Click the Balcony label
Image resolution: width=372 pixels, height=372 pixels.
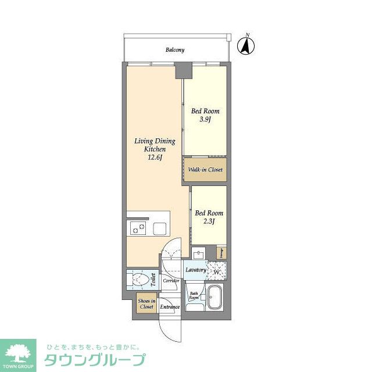point(174,50)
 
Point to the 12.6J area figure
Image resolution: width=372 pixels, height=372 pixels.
point(155,158)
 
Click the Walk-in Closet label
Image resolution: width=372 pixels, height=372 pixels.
point(205,170)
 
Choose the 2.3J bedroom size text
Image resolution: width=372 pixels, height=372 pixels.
point(208,222)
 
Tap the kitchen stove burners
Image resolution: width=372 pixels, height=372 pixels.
point(139,228)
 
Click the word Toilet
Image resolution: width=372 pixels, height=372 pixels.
point(153,280)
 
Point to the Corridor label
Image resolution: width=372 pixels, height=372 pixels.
point(171,281)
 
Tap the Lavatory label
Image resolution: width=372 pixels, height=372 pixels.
point(195,270)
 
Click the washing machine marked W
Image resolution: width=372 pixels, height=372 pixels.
point(216,271)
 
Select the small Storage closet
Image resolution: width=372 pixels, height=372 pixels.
point(221,253)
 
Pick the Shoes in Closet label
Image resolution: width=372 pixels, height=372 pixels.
point(146,303)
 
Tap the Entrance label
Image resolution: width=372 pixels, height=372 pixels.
point(170,306)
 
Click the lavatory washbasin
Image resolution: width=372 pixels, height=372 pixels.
point(198,254)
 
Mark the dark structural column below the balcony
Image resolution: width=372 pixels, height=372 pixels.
point(184,71)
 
